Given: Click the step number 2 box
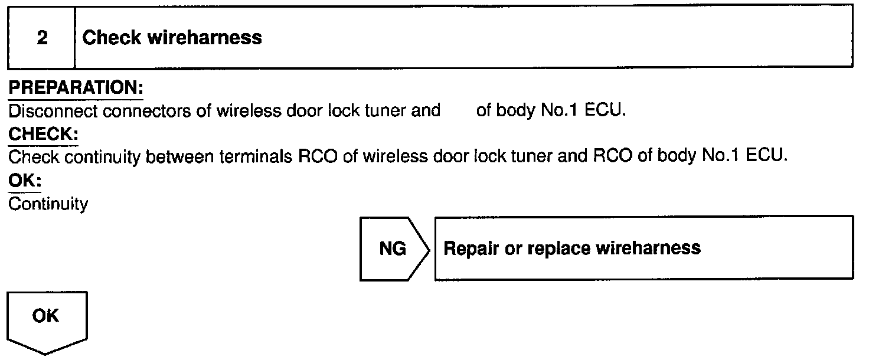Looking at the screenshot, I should pyautogui.click(x=41, y=38).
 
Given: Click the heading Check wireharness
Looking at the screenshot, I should pyautogui.click(x=172, y=38).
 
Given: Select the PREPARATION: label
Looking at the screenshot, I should pyautogui.click(x=76, y=89).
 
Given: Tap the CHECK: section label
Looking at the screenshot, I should pyautogui.click(x=43, y=135).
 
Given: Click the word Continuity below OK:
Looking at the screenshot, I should pyautogui.click(x=48, y=204).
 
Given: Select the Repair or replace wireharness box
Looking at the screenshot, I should pyautogui.click(x=643, y=248).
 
